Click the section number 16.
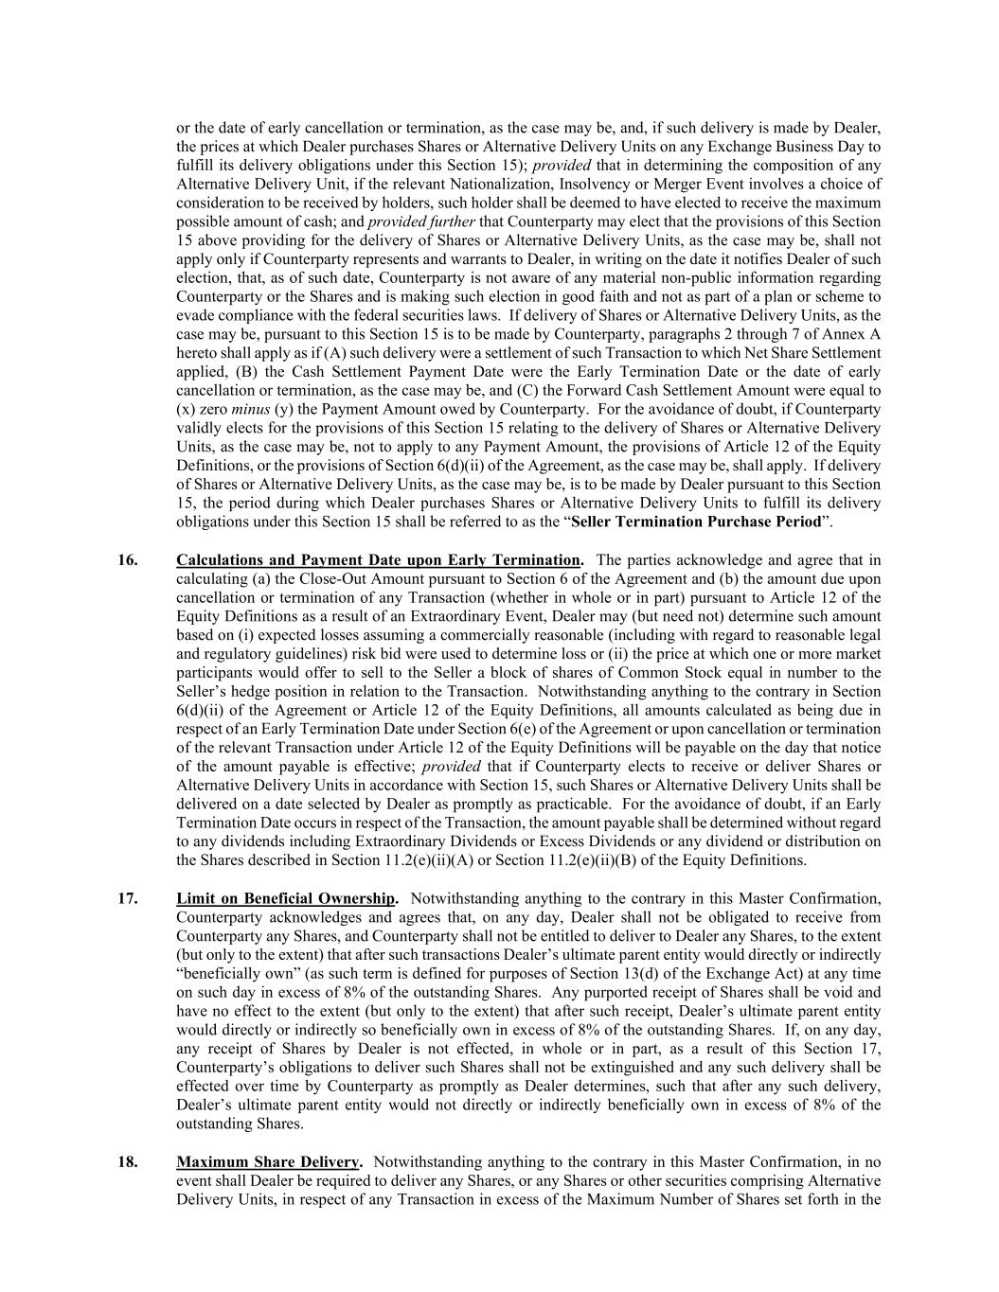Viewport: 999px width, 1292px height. [x=127, y=560]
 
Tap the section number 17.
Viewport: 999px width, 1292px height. [x=127, y=898]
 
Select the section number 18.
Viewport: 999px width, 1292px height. [x=127, y=1162]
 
